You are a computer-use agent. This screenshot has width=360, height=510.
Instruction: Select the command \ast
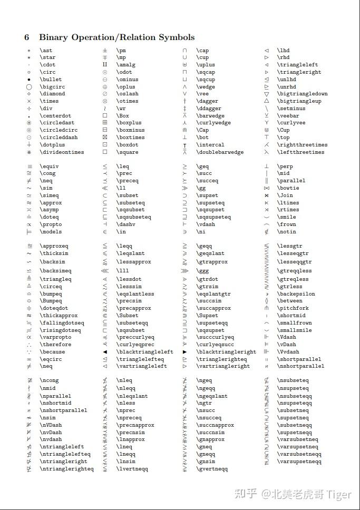(x=46, y=51)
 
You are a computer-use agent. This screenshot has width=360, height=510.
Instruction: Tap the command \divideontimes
(x=62, y=152)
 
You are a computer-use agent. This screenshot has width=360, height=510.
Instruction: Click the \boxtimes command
(x=130, y=138)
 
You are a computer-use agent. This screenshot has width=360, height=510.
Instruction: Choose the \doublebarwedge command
(x=220, y=152)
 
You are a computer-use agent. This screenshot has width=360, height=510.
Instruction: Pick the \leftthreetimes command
(x=300, y=152)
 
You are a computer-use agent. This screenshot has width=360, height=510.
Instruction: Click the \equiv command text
(x=49, y=166)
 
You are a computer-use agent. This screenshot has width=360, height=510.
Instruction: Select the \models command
(x=51, y=232)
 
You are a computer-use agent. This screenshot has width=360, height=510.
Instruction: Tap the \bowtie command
(x=288, y=188)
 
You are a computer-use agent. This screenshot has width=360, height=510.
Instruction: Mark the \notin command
(x=286, y=232)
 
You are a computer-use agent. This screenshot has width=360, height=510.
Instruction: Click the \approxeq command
(x=54, y=246)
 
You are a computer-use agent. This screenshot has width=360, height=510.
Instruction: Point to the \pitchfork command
(x=293, y=308)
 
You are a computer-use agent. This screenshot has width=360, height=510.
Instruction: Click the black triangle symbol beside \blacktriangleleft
(x=105, y=352)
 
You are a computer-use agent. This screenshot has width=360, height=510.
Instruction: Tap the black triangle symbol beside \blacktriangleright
(x=185, y=352)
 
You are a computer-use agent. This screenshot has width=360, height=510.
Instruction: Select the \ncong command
(x=49, y=380)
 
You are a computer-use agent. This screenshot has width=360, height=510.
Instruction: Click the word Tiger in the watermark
(x=339, y=494)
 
